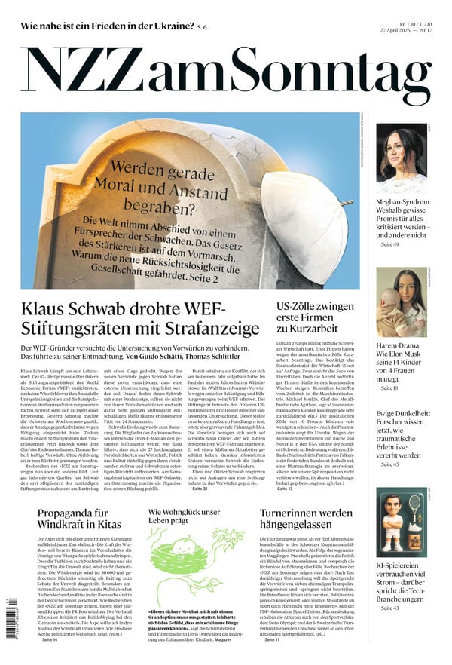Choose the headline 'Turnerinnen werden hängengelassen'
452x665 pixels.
tap(305, 519)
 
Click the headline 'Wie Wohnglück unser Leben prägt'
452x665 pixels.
tap(184, 516)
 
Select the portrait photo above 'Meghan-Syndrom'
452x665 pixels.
tap(401, 159)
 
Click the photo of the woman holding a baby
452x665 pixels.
tap(401, 303)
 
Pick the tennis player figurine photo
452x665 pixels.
tap(401, 521)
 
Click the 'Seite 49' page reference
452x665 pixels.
tap(390, 245)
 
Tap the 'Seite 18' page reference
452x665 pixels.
tap(390, 388)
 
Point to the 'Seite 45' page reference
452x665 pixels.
tap(390, 464)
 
